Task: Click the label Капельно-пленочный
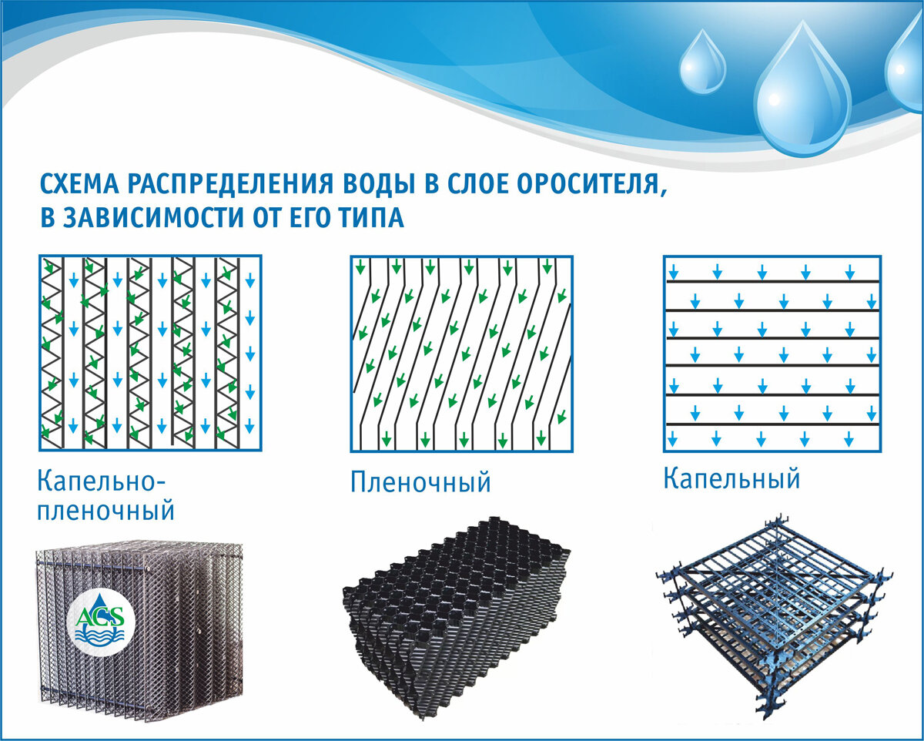pos(106,497)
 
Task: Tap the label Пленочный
pos(420,483)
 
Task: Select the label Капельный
pos(731,479)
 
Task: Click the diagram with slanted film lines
pos(462,353)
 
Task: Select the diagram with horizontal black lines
pos(772,353)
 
